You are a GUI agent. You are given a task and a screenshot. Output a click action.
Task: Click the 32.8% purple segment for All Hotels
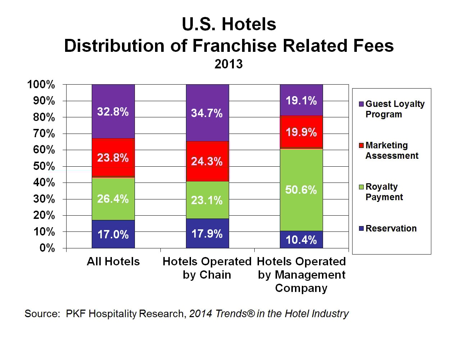coord(113,112)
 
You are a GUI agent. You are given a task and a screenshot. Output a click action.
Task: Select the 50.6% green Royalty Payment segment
coord(301,190)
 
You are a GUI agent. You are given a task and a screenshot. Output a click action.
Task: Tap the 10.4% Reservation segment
coord(301,239)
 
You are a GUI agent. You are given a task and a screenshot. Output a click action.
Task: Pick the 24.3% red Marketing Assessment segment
coord(207,161)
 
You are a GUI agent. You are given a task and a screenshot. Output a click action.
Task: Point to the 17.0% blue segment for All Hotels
coord(113,234)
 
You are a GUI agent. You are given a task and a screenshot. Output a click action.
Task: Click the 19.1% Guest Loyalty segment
coord(301,100)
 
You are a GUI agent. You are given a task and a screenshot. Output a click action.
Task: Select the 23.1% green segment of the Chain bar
coord(207,200)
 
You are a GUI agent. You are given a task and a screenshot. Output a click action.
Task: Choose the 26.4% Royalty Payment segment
coord(113,199)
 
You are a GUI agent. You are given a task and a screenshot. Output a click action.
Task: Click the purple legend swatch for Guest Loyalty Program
coord(362,104)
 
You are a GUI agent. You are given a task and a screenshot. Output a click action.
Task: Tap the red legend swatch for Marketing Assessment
coord(362,145)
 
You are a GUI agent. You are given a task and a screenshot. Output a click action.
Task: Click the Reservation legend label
coord(391,228)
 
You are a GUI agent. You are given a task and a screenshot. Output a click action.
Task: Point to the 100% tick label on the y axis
coord(41,85)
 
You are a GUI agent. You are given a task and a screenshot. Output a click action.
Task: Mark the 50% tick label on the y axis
coord(44,166)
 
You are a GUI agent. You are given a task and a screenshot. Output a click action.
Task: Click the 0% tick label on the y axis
coord(47,248)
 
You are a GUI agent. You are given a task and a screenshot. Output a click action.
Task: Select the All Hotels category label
coord(113,261)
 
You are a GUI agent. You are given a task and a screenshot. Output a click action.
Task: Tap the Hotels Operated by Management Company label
coord(301,275)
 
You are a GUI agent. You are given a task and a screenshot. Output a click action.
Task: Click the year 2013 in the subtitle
coord(229,64)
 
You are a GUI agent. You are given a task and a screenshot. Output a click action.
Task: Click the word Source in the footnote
coord(42,314)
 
